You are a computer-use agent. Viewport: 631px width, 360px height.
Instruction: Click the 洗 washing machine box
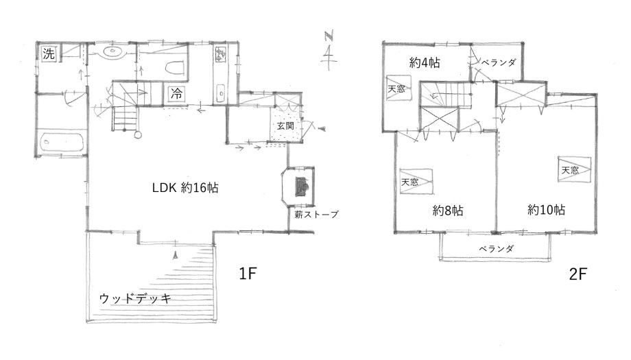click(x=49, y=53)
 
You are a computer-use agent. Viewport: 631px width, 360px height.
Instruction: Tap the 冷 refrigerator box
click(x=177, y=94)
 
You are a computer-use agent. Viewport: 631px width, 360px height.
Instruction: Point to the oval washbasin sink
click(x=114, y=51)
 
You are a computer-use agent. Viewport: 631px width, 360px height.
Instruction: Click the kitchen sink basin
click(x=220, y=94)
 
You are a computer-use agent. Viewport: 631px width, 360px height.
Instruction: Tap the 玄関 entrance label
click(x=285, y=125)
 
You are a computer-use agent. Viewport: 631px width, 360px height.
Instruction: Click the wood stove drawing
click(x=302, y=187)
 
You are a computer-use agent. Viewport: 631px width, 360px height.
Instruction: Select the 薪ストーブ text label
click(x=316, y=215)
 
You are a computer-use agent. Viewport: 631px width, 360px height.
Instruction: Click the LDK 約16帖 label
click(x=185, y=187)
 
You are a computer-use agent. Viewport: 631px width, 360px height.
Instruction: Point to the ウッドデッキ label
click(x=135, y=298)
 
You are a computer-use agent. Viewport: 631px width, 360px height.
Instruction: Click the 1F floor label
click(x=248, y=274)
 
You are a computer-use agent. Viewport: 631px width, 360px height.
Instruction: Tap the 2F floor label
click(x=578, y=274)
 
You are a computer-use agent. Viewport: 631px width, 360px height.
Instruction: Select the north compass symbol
click(x=329, y=50)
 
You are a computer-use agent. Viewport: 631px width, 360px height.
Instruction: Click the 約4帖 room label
click(x=425, y=62)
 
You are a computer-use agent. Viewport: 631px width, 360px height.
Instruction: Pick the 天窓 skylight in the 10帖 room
click(x=574, y=169)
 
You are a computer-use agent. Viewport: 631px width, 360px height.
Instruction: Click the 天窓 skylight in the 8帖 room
click(x=416, y=182)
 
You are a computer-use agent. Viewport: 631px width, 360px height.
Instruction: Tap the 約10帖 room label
click(x=546, y=210)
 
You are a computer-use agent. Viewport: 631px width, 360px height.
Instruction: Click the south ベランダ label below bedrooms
click(x=496, y=249)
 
